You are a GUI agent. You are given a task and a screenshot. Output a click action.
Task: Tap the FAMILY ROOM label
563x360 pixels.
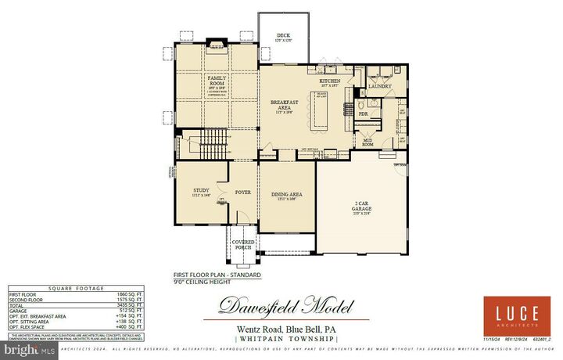[217, 82]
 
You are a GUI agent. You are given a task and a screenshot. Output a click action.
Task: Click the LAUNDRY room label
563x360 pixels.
[380, 87]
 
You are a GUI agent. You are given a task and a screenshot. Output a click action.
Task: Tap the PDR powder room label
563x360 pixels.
[363, 114]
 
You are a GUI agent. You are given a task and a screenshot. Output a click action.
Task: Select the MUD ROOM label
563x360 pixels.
[367, 142]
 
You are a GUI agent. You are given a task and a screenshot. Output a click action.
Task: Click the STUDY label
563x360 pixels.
[201, 190]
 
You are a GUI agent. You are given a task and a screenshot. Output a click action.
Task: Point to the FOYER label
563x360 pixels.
[242, 191]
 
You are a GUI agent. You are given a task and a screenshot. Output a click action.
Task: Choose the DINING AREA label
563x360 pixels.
[285, 194]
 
